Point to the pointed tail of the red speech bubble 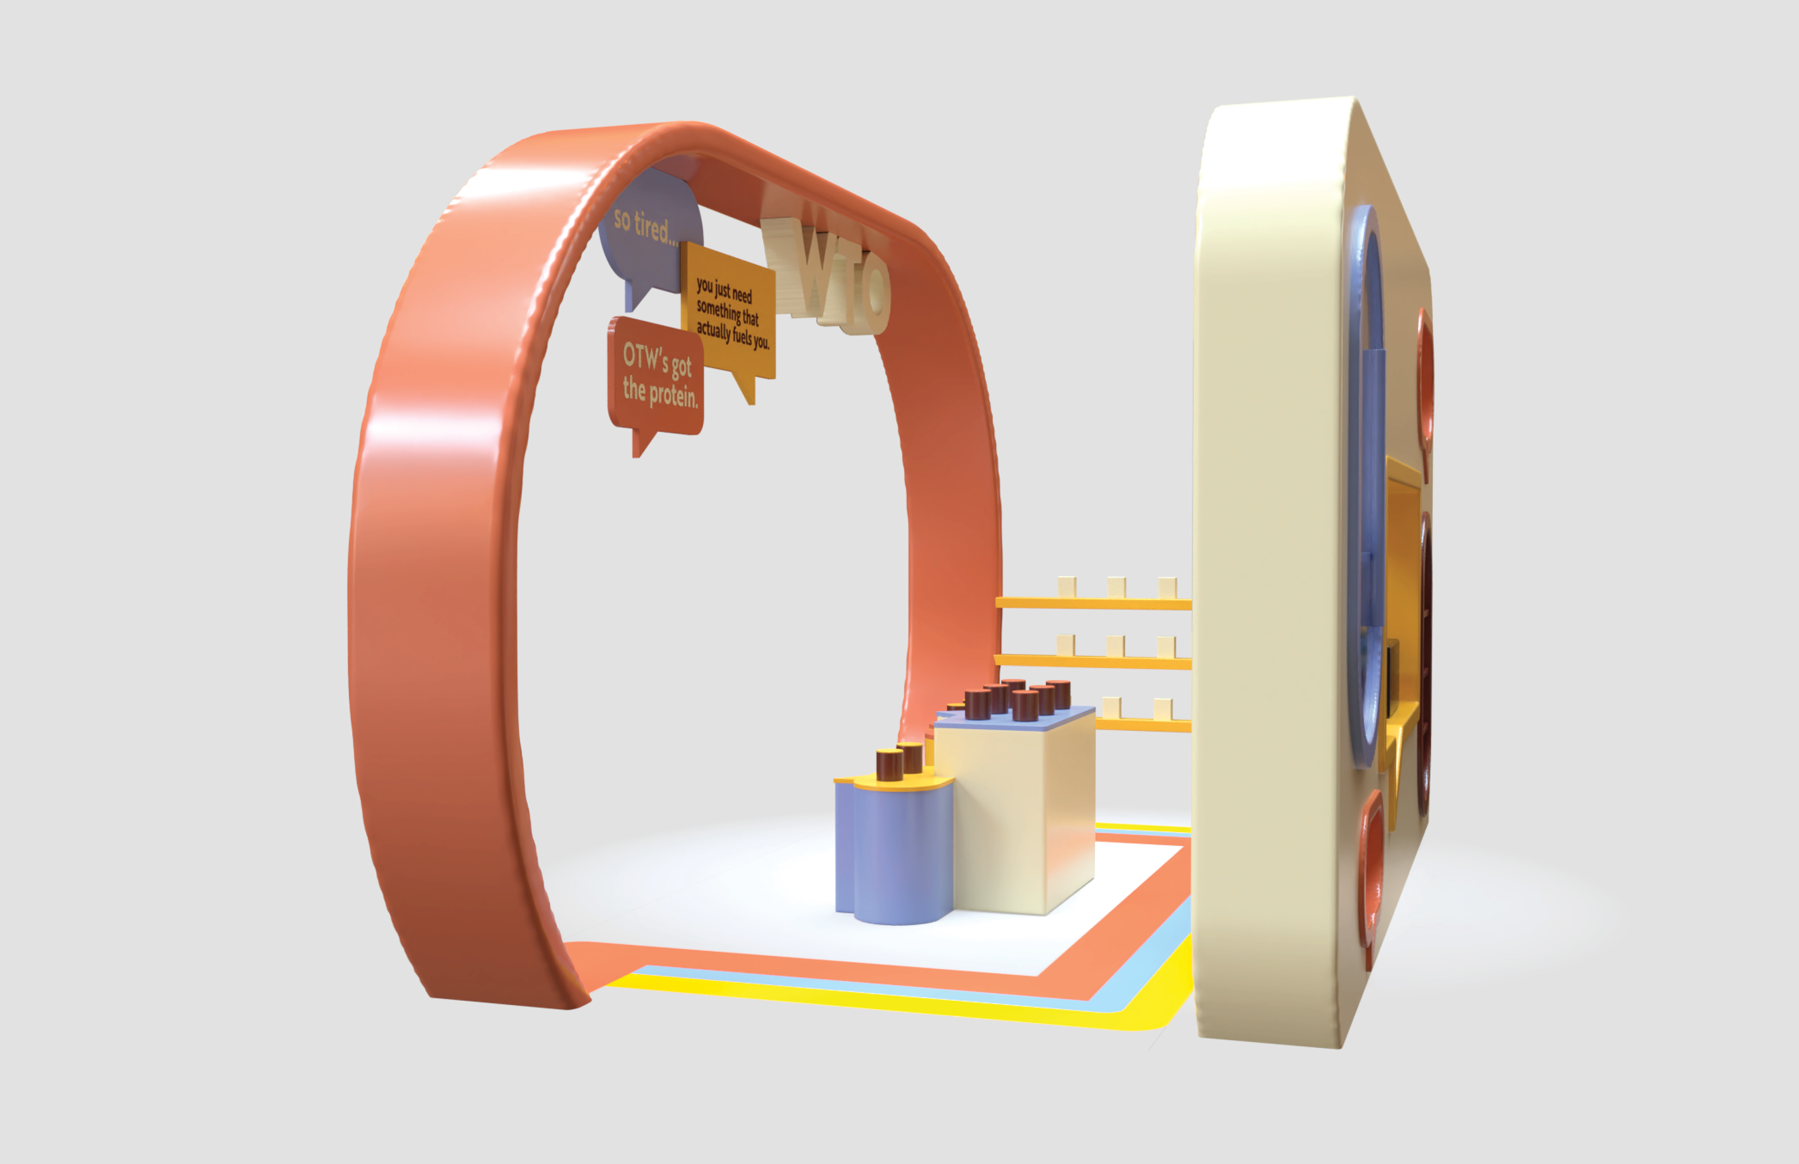[641, 444]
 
